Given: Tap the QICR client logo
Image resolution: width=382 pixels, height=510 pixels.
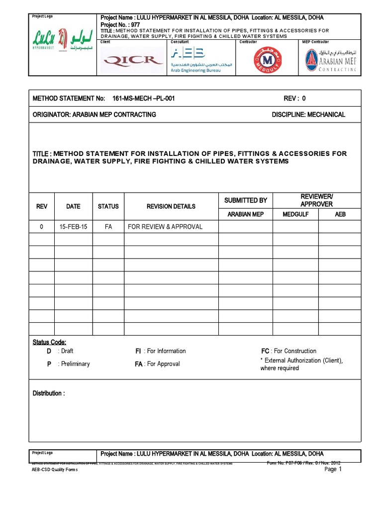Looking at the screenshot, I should [x=133, y=60].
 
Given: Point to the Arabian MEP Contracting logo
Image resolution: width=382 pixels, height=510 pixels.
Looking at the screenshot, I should [x=331, y=60].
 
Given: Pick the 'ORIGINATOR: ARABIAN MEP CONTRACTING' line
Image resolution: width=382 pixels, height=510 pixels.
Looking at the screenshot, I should [x=95, y=115].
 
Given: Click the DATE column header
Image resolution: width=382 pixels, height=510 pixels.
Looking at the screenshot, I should [x=73, y=206].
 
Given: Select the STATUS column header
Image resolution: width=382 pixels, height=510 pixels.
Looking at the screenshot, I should [x=108, y=206].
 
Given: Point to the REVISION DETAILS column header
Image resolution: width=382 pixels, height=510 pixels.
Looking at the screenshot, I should [x=171, y=206].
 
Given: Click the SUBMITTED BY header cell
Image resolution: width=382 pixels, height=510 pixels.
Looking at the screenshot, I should [x=246, y=200].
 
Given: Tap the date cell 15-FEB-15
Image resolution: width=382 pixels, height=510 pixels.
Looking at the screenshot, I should [x=73, y=227].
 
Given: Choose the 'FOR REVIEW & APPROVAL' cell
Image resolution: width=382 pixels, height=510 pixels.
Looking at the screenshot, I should [x=165, y=227].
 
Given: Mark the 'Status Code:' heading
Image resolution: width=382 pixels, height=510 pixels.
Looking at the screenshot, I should [x=49, y=342].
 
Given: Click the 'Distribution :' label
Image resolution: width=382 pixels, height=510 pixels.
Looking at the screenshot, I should [x=49, y=393].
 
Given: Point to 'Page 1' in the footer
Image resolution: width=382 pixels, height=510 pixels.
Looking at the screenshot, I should [x=333, y=469].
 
